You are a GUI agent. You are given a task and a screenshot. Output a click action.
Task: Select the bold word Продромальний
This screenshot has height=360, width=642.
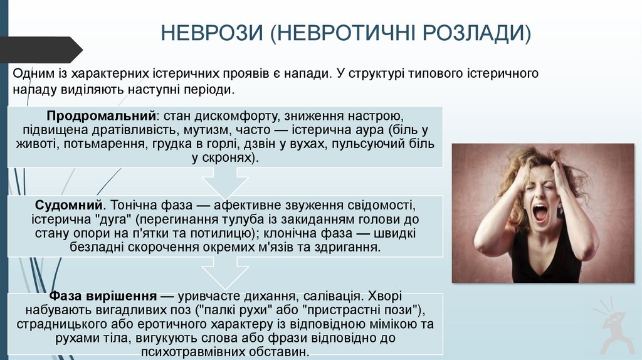point(100,117)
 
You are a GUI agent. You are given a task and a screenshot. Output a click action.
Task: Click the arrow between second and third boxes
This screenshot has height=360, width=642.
point(225,273)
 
